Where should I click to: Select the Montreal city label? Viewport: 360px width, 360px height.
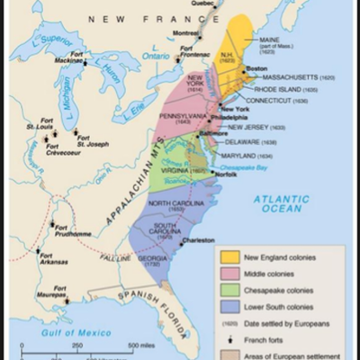tap(185, 32)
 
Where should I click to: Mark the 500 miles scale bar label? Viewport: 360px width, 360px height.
tap(141, 346)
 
